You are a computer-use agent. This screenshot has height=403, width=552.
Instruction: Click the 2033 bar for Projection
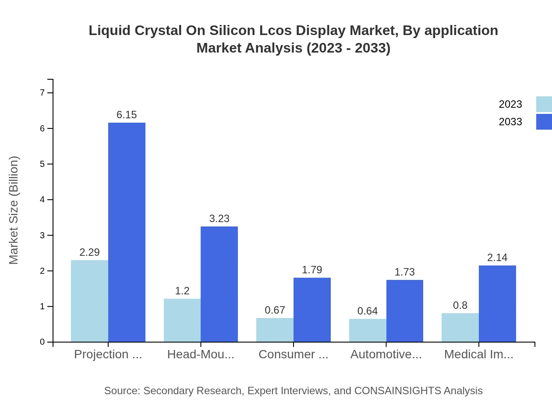point(127,232)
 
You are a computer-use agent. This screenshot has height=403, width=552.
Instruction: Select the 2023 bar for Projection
point(89,301)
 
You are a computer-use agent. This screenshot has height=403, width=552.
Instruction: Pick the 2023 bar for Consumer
point(275,330)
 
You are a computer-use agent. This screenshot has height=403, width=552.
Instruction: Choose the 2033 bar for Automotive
point(404,311)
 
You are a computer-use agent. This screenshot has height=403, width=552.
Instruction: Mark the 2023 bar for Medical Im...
point(460,327)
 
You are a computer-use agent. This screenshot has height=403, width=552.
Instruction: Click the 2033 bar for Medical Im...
point(497,304)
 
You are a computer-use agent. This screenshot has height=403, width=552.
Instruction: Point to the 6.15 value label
point(127,115)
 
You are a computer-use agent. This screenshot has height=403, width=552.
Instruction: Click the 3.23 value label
point(219,219)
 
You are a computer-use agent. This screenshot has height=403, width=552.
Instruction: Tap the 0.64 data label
point(368,311)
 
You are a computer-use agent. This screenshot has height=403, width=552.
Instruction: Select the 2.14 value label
point(497,258)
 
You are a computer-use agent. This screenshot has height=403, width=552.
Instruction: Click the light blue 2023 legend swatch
point(544,104)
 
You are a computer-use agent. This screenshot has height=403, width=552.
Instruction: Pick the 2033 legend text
point(510,122)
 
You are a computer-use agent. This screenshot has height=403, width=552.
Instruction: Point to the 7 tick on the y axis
point(42,92)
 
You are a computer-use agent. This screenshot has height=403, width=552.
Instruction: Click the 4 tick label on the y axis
point(42,200)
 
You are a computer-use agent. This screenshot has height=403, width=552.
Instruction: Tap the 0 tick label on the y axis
point(42,342)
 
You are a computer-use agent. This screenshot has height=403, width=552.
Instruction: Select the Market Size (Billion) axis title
point(14,210)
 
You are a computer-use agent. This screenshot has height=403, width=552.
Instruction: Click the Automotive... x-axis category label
point(386,354)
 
